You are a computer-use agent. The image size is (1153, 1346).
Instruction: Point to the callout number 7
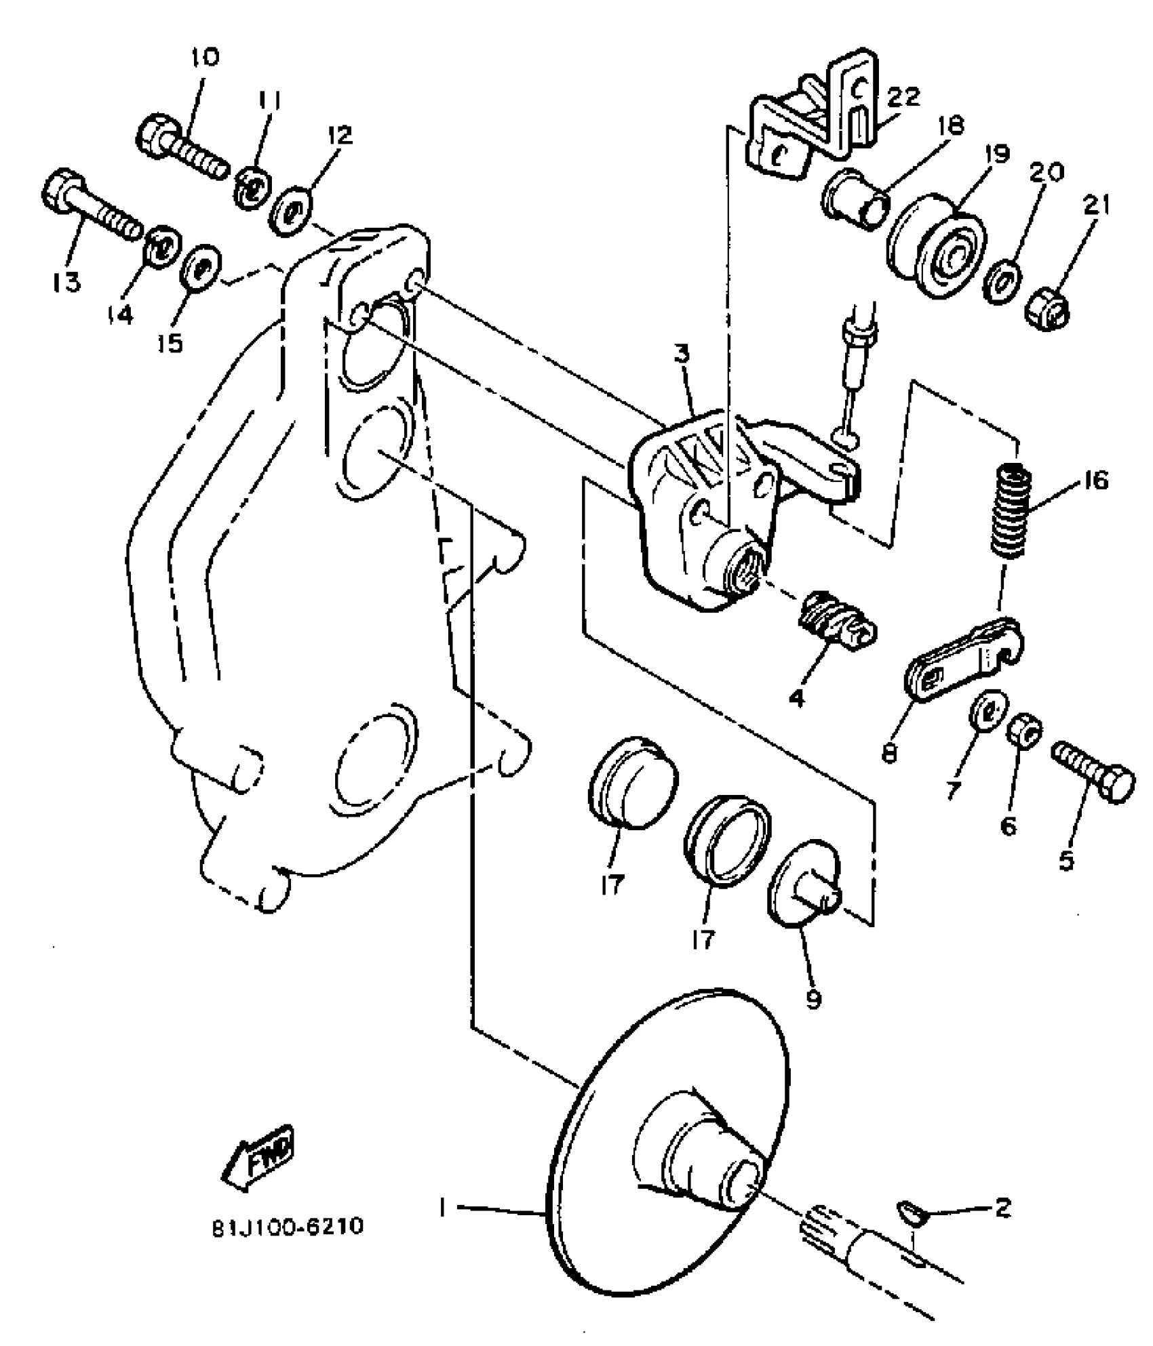(x=954, y=790)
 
